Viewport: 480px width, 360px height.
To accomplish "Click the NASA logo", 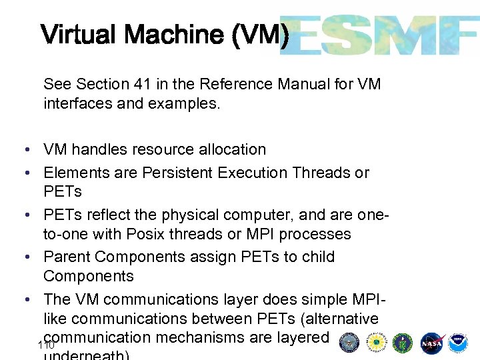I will coord(432,342).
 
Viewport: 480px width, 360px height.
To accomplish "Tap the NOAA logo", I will coord(458,342).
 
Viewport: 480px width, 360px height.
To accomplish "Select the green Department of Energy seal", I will coord(403,342).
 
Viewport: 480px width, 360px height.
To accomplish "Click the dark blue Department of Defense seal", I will coord(349,342).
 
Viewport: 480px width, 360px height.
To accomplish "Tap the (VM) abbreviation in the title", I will coord(261,34).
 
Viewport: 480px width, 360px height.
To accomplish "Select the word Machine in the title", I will coord(179,34).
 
